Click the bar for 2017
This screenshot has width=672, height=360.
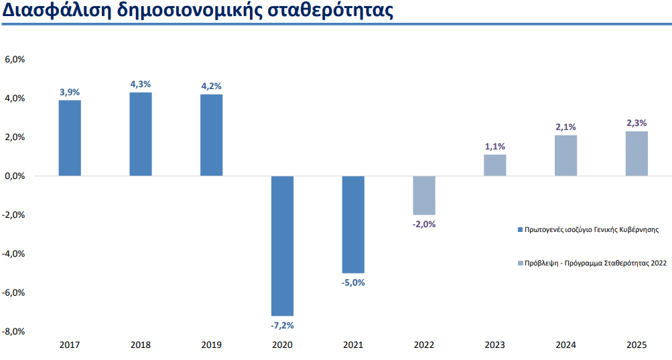[70, 138]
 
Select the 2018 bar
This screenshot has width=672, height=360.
[141, 134]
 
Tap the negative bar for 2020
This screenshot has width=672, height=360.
[282, 245]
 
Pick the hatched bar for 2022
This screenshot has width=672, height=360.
[423, 195]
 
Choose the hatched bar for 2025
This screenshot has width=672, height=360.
[636, 154]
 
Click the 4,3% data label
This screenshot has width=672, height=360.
[141, 84]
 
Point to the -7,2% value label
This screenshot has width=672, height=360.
[282, 325]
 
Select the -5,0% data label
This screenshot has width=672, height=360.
[353, 282]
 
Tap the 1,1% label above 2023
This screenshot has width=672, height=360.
[494, 146]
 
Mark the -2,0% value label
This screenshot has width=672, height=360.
[423, 225]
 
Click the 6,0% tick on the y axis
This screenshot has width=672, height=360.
[15, 60]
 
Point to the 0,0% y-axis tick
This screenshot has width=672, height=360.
[15, 176]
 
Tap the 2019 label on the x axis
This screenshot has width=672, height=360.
[212, 345]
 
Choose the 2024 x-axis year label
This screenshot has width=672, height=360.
[566, 345]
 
